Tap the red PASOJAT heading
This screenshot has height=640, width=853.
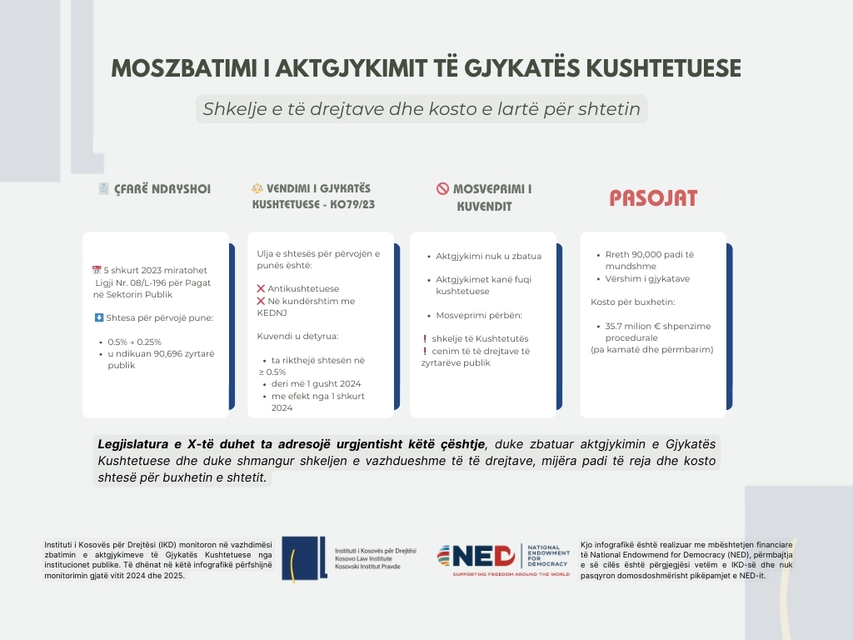click(x=653, y=198)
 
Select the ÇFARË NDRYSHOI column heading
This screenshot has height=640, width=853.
click(x=162, y=189)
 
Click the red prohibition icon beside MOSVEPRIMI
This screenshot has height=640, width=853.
click(x=442, y=188)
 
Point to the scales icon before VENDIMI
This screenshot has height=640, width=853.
click(x=257, y=188)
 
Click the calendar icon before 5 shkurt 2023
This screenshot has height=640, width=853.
click(x=97, y=270)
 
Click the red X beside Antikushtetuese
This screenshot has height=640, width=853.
click(x=261, y=288)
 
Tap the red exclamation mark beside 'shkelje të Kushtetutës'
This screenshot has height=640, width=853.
click(x=425, y=339)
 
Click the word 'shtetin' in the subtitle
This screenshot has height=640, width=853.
click(x=616, y=109)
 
